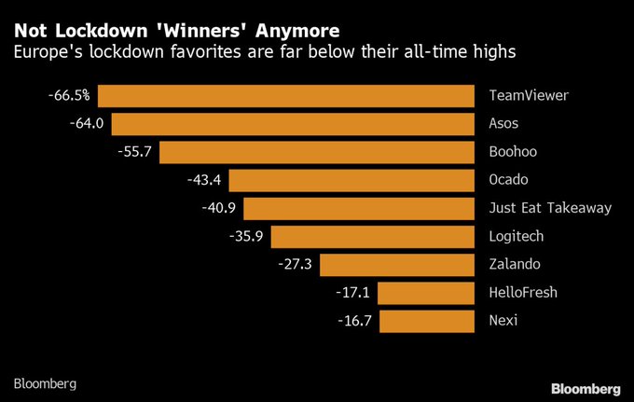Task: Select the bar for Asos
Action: click(x=294, y=123)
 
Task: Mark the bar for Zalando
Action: click(x=397, y=264)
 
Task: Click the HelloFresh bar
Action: click(x=426, y=293)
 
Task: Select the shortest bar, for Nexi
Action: click(x=427, y=321)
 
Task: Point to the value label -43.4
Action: click(x=204, y=180)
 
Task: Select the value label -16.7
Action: click(x=354, y=321)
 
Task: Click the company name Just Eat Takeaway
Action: click(x=550, y=208)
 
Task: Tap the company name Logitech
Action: click(x=516, y=236)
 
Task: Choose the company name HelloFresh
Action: click(x=522, y=293)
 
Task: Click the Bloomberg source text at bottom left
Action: click(x=45, y=383)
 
